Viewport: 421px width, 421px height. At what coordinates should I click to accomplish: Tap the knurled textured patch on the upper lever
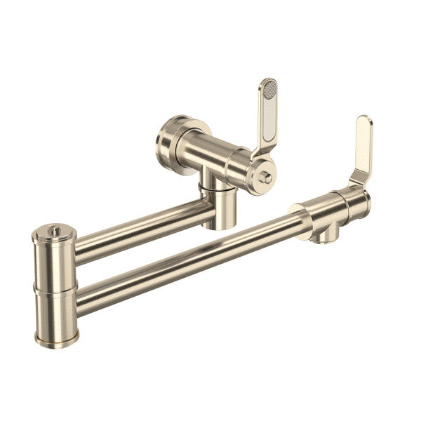(x=270, y=90)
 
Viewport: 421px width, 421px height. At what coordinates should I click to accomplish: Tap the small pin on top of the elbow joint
(x=53, y=229)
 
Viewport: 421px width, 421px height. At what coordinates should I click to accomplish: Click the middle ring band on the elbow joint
(x=55, y=289)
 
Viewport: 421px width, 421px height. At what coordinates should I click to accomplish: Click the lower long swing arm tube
(x=189, y=260)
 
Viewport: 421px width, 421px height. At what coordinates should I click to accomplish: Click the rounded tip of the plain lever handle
(x=364, y=122)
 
